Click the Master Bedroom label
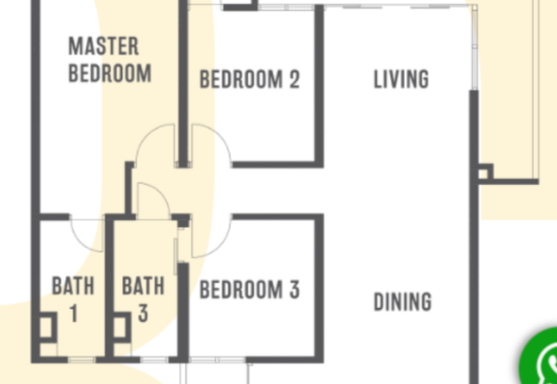point(110,60)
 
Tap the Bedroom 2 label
point(250,79)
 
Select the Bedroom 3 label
point(250,289)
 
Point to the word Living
point(401,79)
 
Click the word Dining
point(402,302)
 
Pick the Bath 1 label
point(73,300)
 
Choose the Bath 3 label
point(143,300)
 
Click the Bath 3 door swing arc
point(161,193)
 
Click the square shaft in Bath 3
point(122,327)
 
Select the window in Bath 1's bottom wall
point(81,360)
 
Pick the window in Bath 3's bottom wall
point(154,360)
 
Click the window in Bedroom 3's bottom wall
point(217,360)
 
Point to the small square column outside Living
point(483,173)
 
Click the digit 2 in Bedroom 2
point(295,79)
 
